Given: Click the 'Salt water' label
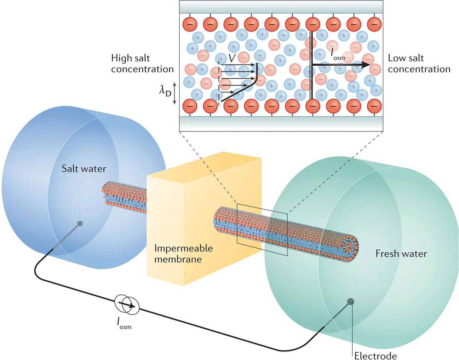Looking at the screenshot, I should pyautogui.click(x=84, y=169).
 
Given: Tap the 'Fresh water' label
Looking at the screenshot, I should pyautogui.click(x=401, y=253).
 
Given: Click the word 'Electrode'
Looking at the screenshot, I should pyautogui.click(x=375, y=355).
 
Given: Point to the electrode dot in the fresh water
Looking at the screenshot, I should pyautogui.click(x=351, y=301).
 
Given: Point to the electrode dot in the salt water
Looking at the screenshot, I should pyautogui.click(x=80, y=223).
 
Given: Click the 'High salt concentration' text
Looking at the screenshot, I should pyautogui.click(x=142, y=64).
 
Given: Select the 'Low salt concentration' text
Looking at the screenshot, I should pyautogui.click(x=419, y=64).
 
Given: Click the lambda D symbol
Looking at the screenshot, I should pyautogui.click(x=165, y=91).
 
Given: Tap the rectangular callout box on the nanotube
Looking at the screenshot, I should pyautogui.click(x=262, y=229).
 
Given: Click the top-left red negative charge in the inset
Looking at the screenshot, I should pyautogui.click(x=190, y=24).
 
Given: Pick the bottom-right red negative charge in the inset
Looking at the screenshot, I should pyautogui.click(x=374, y=105).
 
